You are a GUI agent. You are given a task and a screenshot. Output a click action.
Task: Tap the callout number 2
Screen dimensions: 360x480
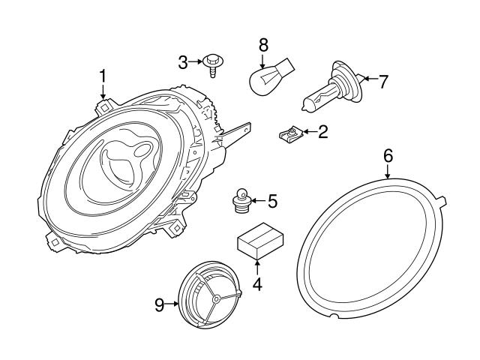[322, 133]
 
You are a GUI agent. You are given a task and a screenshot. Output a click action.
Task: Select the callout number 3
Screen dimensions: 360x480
[182, 62]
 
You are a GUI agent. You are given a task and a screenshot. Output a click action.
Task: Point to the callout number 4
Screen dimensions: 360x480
[257, 284]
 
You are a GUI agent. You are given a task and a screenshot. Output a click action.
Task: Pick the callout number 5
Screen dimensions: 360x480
[272, 200]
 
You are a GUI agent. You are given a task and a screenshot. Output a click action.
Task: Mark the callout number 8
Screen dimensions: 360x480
[262, 46]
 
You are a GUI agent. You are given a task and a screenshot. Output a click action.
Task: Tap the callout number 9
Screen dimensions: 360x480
[159, 304]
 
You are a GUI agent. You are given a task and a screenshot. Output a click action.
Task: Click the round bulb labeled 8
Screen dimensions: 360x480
[263, 78]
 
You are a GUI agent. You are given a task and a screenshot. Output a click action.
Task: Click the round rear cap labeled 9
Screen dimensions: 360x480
[209, 297]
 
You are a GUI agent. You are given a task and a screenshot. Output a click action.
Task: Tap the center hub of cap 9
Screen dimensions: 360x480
[215, 298]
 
